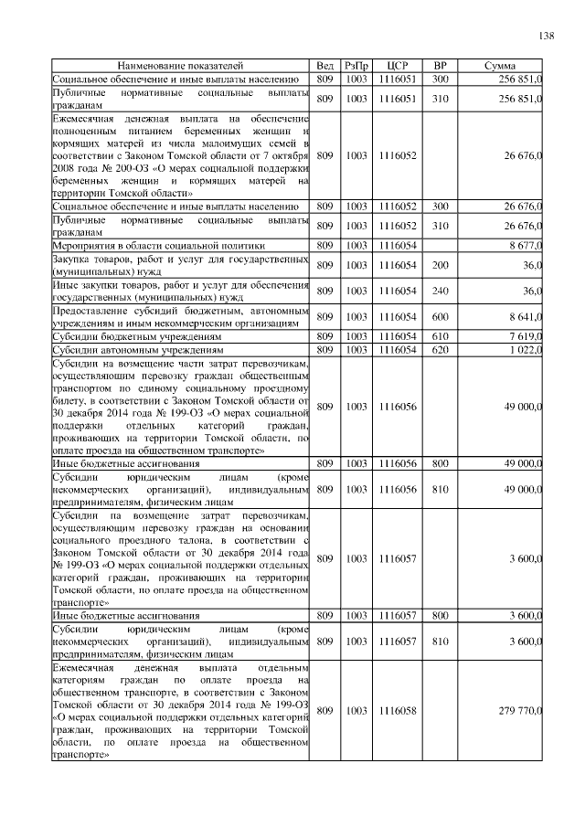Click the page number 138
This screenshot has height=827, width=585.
[x=546, y=36]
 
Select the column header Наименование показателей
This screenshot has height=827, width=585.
[x=180, y=67]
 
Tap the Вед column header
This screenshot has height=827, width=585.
[x=324, y=67]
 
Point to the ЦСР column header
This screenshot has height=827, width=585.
[x=397, y=67]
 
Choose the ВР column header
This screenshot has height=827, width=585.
[x=441, y=67]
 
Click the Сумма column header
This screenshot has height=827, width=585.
[x=502, y=67]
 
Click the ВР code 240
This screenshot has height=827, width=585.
[x=441, y=291]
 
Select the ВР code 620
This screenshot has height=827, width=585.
[x=441, y=349]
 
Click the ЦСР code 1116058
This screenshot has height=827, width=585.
[x=397, y=710]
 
